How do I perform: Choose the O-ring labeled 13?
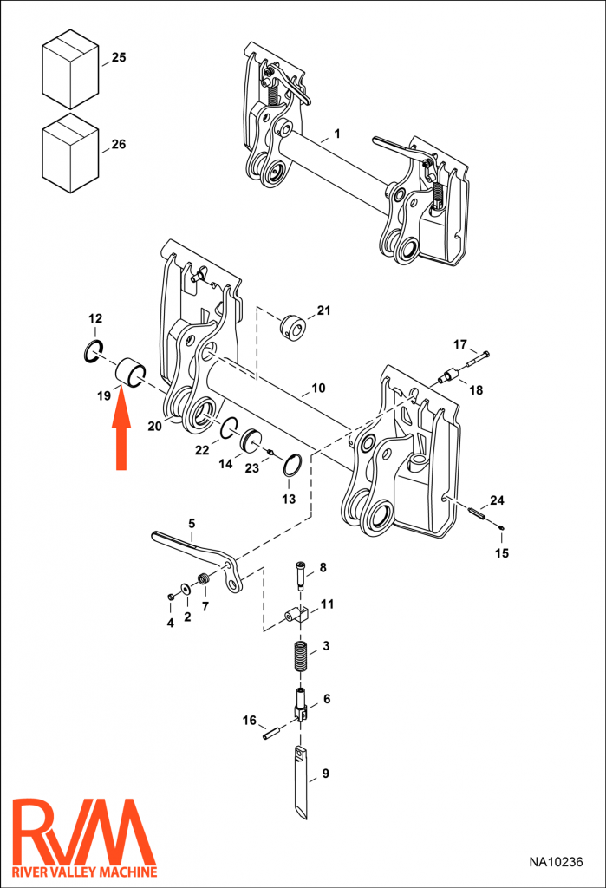tap(294, 467)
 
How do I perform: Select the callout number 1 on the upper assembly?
tap(336, 134)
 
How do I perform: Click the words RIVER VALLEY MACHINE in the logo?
tap(84, 872)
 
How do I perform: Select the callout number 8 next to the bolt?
tap(323, 567)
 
